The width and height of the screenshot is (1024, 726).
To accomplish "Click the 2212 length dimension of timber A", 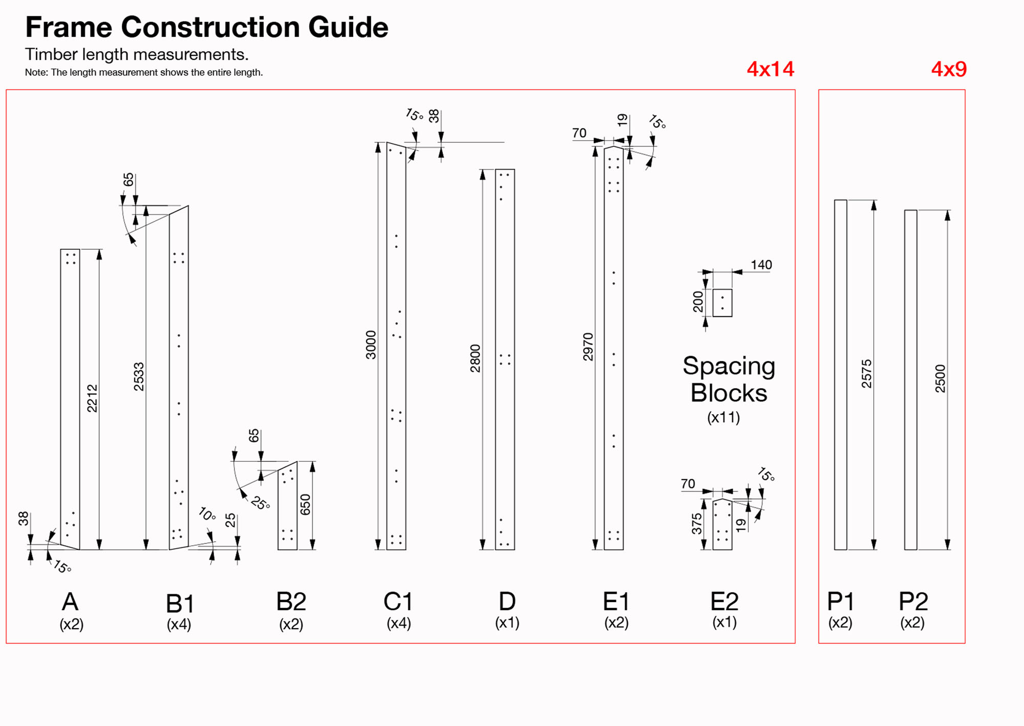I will (x=92, y=398).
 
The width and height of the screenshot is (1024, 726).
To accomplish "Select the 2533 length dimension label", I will (x=139, y=376).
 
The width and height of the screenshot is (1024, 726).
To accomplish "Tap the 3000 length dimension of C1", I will (x=371, y=345).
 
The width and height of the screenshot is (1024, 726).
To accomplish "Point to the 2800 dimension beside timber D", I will (x=476, y=358).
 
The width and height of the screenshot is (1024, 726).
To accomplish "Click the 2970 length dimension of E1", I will (x=588, y=347).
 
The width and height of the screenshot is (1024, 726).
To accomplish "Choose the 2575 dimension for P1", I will (x=866, y=373).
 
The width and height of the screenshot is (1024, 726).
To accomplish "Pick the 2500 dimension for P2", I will (x=941, y=378).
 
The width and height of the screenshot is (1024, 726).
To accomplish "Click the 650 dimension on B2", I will (x=306, y=504).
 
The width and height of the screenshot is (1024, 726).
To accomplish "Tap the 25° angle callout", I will (x=261, y=503).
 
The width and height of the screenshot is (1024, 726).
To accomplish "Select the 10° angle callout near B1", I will (x=207, y=514).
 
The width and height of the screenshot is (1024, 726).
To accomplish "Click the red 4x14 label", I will (x=770, y=69).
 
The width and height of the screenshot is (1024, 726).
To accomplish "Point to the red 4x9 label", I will (x=949, y=69).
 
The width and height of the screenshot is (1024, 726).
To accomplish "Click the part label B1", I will (x=180, y=604).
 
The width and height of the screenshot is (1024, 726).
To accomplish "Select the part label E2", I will (x=724, y=602).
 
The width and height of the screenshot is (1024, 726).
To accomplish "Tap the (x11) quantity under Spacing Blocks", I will (x=723, y=418).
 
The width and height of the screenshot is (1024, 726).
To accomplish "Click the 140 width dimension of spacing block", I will (x=761, y=265).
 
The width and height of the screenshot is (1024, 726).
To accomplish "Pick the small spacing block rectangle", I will (x=722, y=303).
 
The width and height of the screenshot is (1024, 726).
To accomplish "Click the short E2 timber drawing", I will (x=722, y=525).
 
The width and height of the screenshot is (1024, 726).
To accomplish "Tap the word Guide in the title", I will (x=348, y=27).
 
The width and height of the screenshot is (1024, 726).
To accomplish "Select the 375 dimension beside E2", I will (x=697, y=524).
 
